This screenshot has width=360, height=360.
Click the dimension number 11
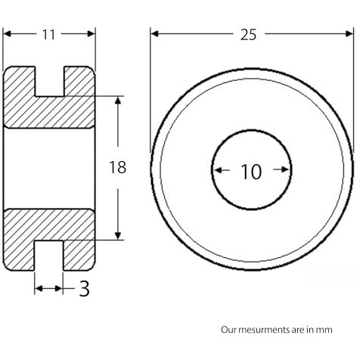[x=48, y=35]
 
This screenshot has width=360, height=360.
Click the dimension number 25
[x=248, y=35]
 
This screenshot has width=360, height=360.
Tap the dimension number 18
[x=118, y=167]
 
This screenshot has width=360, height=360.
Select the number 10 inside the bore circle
[x=252, y=172]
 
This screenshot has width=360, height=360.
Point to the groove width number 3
[x=85, y=289]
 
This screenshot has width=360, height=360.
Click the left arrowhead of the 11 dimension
[x=8, y=33]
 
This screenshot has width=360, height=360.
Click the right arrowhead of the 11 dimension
[x=91, y=33]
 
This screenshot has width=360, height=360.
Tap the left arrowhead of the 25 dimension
[x=155, y=33]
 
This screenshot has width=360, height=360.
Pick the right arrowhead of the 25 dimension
[x=349, y=33]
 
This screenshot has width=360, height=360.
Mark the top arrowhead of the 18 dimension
[x=118, y=101]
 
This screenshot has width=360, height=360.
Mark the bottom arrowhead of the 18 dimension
[x=118, y=235]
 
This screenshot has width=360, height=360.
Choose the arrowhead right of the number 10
[x=284, y=169]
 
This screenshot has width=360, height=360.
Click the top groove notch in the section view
[x=49, y=81]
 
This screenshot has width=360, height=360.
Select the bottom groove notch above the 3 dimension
[x=48, y=256]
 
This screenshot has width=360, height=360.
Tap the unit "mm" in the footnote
[x=327, y=331]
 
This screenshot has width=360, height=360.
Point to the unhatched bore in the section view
[x=49, y=169]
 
